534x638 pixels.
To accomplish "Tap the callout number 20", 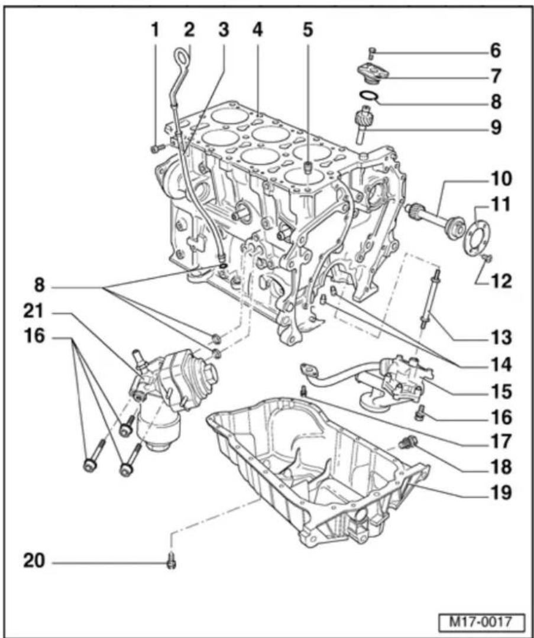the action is click(34, 561).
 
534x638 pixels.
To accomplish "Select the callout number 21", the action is click(34, 312).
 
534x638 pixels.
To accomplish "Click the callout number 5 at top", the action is click(308, 30).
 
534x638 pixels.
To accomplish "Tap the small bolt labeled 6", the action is click(372, 53).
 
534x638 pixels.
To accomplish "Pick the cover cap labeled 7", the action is click(373, 73).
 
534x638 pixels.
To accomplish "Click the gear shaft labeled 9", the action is click(363, 124).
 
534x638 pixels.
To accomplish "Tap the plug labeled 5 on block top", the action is click(309, 167).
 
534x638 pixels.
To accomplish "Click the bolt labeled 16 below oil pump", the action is click(419, 412).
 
